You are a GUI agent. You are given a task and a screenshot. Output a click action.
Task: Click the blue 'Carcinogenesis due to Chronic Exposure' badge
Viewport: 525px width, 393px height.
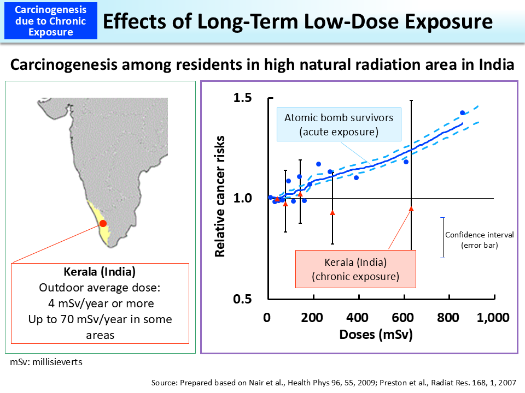[x=51, y=21]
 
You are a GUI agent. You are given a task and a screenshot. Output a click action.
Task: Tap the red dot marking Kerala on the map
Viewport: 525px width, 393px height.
[x=102, y=223]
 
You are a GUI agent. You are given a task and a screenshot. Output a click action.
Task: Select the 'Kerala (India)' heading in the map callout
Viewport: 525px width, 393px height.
[x=100, y=271]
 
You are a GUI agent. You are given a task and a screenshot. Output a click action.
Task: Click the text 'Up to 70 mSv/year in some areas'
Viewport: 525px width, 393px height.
[x=100, y=326]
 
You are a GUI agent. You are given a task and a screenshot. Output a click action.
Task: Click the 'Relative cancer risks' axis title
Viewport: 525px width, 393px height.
[x=220, y=199]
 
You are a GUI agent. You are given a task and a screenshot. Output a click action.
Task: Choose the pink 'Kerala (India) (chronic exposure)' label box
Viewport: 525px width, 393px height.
[x=355, y=269]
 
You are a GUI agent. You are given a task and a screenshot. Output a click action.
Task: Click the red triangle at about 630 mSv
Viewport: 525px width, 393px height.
[x=411, y=209]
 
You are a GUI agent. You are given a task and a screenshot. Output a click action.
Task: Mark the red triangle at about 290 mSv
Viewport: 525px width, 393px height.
[x=332, y=212]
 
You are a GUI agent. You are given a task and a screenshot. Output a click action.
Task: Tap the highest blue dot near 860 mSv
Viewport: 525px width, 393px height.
[x=462, y=113]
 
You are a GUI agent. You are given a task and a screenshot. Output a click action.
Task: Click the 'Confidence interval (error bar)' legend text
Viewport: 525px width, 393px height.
[x=479, y=240]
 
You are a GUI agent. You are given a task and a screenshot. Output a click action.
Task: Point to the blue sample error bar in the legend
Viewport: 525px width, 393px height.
[x=442, y=237]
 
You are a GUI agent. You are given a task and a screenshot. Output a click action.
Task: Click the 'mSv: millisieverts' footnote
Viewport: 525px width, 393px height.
[x=46, y=361]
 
